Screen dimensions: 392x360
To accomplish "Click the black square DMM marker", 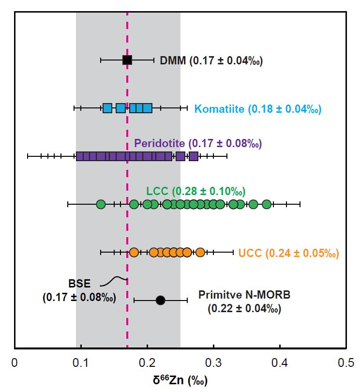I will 127,60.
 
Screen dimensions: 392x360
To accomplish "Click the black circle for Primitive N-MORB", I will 161,300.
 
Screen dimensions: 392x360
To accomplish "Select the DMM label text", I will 211,60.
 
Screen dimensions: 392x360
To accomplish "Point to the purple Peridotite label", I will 198,143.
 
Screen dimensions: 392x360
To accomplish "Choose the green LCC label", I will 196,191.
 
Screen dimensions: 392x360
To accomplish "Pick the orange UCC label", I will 288,253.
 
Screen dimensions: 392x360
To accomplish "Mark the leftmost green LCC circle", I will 101,204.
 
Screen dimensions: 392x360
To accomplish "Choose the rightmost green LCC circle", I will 267,204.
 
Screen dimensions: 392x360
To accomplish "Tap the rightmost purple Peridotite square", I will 194,156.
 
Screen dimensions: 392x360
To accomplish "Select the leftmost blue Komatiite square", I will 107,108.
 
